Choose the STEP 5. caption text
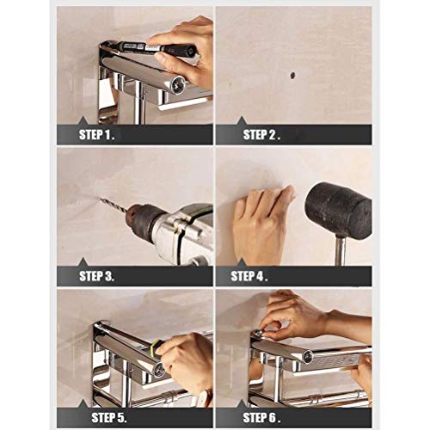click(102, 417)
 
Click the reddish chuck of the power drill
click(138, 223)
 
